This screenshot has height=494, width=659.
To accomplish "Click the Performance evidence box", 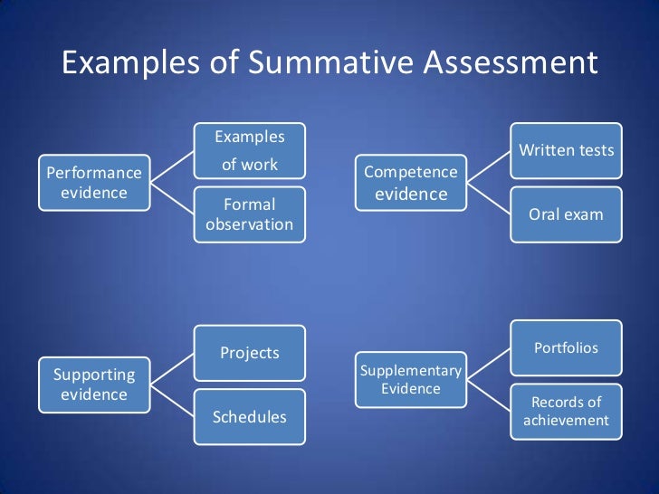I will pos(94,182).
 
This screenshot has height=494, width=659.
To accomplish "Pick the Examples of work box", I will pos(250,151).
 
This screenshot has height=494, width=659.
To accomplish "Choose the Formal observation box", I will pos(250,214).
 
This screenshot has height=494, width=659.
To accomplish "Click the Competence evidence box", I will pos(410,183).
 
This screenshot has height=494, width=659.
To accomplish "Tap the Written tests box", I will pos(566,150).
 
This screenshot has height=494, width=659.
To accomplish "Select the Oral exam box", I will pos(566,214).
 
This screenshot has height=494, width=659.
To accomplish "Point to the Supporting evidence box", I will pos(94,385).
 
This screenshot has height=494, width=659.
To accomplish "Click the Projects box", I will pos(250,353).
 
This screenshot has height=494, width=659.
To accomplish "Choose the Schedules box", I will pos(250,417).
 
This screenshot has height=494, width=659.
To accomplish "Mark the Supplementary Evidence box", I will pos(410,380).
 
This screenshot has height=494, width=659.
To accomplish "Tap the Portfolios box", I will pos(566,348).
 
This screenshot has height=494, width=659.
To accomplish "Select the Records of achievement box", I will pos(566,412).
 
